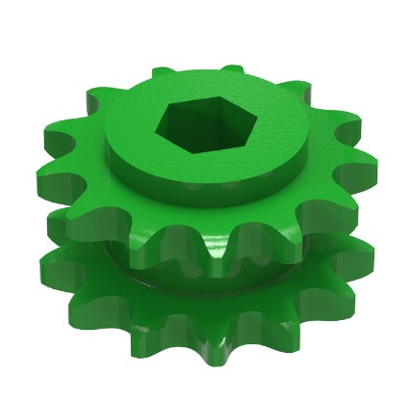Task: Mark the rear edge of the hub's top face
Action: (x=207, y=69)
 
